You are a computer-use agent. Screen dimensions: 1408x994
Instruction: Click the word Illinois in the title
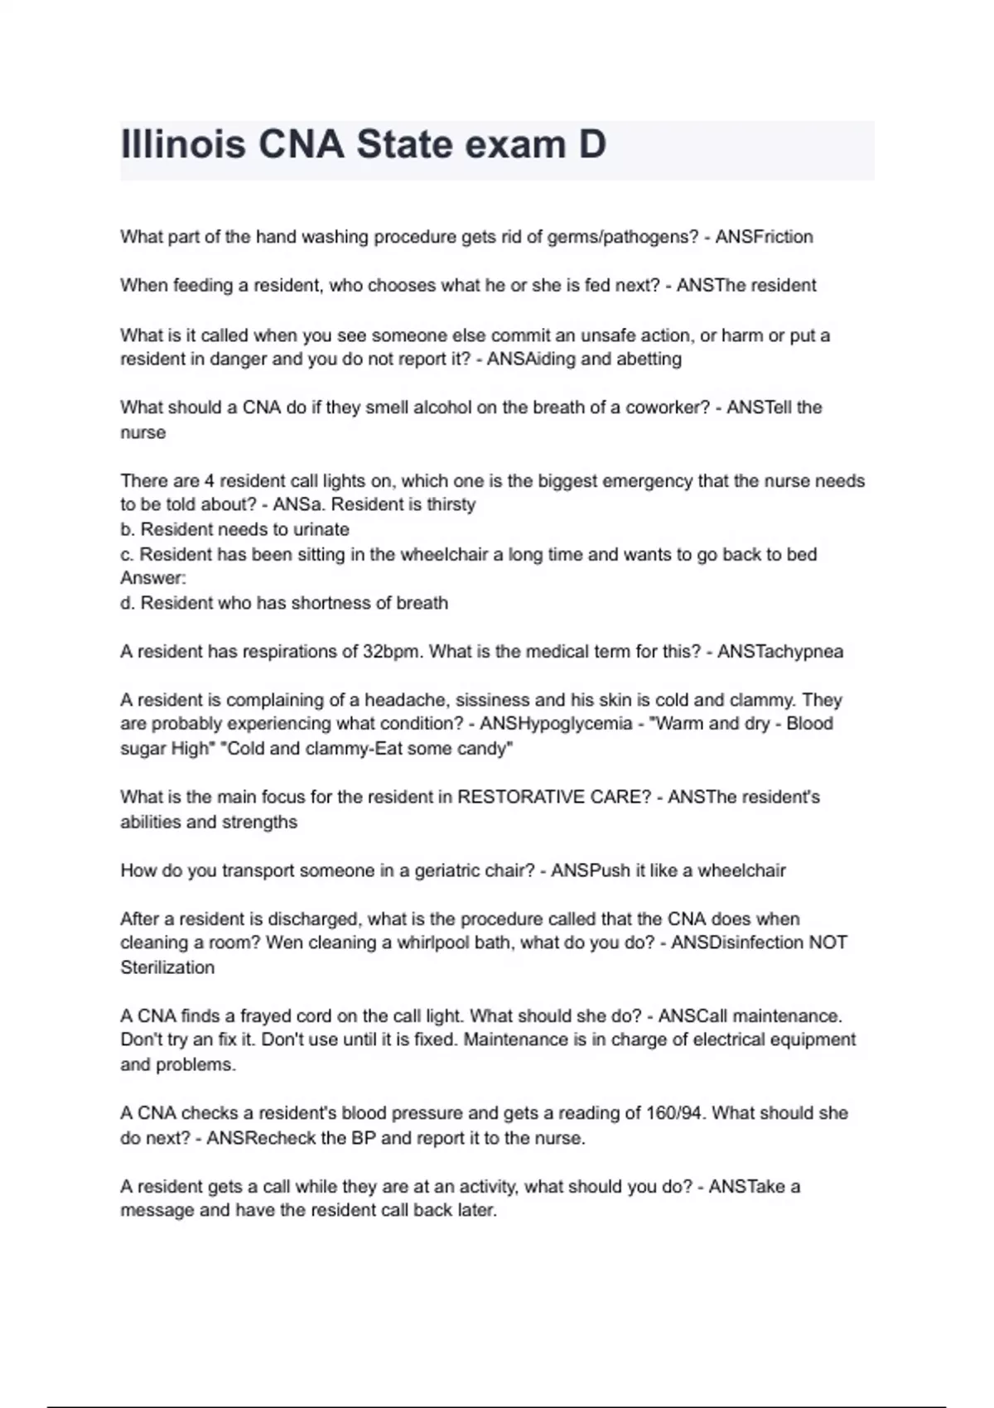pyautogui.click(x=183, y=144)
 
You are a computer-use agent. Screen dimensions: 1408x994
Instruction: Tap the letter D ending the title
pyautogui.click(x=591, y=144)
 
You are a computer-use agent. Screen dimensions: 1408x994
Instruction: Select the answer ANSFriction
pyautogui.click(x=764, y=237)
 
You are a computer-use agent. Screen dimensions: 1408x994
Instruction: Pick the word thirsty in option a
pyautogui.click(x=451, y=504)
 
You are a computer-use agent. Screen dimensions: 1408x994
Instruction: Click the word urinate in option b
pyautogui.click(x=321, y=529)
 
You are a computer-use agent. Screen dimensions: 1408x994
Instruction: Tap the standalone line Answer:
pyautogui.click(x=153, y=578)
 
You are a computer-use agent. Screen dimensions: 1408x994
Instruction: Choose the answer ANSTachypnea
pyautogui.click(x=780, y=652)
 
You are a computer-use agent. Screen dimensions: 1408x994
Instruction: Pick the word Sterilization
pyautogui.click(x=167, y=968)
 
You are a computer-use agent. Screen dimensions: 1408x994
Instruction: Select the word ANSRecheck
pyautogui.click(x=261, y=1139)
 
